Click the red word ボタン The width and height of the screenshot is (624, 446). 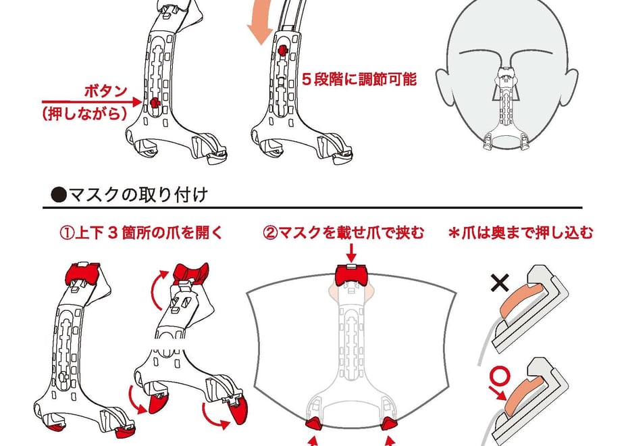click(105, 92)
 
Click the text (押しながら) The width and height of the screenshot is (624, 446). click(84, 114)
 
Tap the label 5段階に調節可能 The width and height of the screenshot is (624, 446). click(359, 79)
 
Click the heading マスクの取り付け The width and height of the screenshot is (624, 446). click(138, 195)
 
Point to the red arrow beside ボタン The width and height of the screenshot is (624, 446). click(92, 102)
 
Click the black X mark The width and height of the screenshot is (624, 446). click(500, 283)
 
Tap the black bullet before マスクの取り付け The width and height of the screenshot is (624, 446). click(59, 195)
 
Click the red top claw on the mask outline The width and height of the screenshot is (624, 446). click(351, 275)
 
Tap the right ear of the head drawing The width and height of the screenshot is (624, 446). click(571, 83)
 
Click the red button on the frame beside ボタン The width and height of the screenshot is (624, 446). click(155, 103)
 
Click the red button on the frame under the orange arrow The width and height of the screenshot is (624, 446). click(282, 50)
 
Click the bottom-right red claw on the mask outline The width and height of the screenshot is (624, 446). click(388, 424)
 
